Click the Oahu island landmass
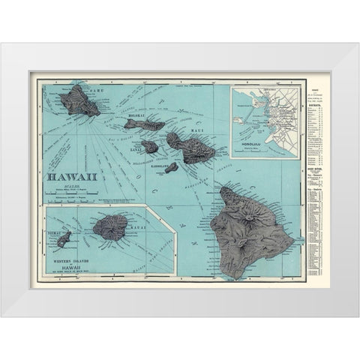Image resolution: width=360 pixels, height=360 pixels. coord(85,101)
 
